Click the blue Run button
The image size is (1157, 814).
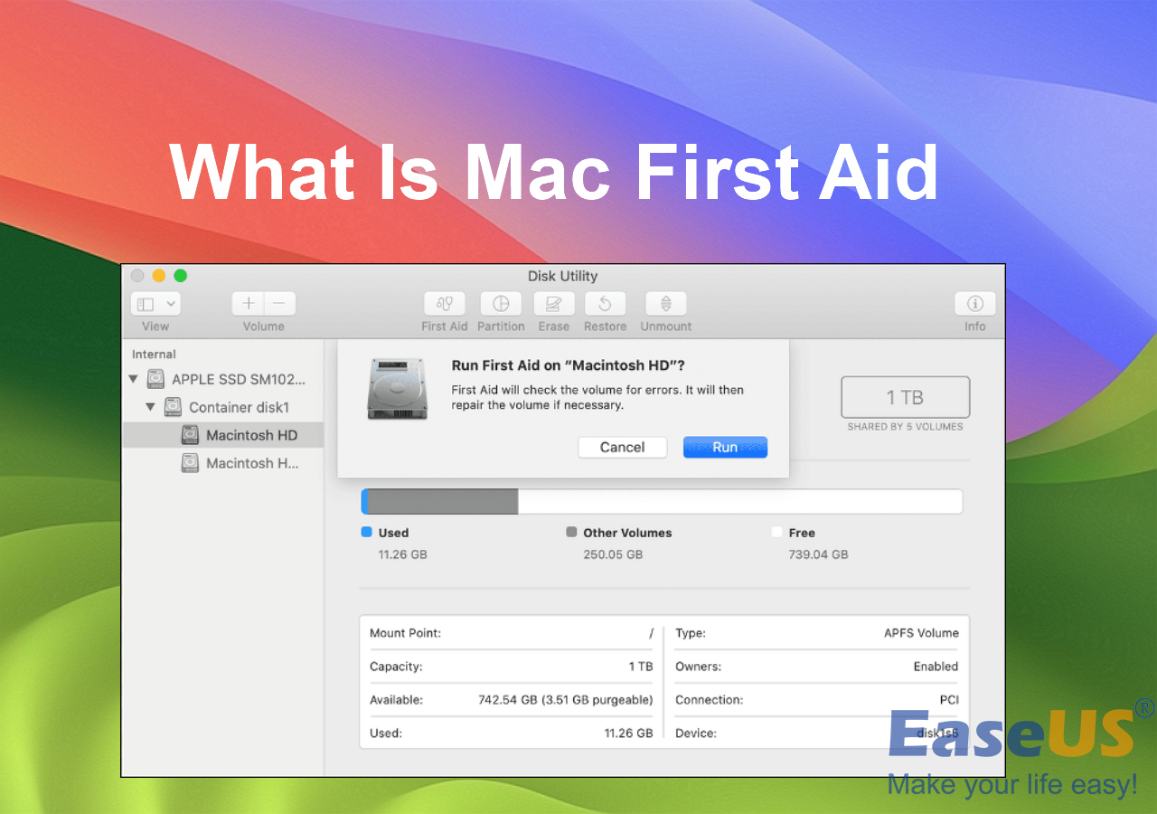tap(725, 447)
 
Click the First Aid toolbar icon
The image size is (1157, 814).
tap(445, 304)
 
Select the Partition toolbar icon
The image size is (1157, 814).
tap(501, 304)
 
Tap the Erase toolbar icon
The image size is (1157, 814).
tap(554, 304)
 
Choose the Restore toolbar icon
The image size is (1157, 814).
tap(606, 304)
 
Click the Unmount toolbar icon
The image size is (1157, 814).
tap(665, 304)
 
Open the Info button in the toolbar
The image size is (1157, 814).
tap(974, 304)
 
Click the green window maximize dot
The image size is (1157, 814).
tap(181, 276)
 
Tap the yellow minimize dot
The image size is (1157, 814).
tap(159, 276)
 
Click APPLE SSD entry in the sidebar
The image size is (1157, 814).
tap(238, 379)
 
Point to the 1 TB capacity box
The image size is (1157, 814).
tap(905, 397)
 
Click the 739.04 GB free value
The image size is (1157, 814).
tap(818, 554)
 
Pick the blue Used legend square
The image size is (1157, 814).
tap(366, 533)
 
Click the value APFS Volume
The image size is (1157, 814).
tap(921, 633)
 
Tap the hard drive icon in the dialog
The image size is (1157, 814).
tap(397, 388)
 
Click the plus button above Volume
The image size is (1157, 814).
tap(249, 304)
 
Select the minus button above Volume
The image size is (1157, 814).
tap(279, 304)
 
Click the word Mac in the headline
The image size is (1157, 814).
tap(537, 172)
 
